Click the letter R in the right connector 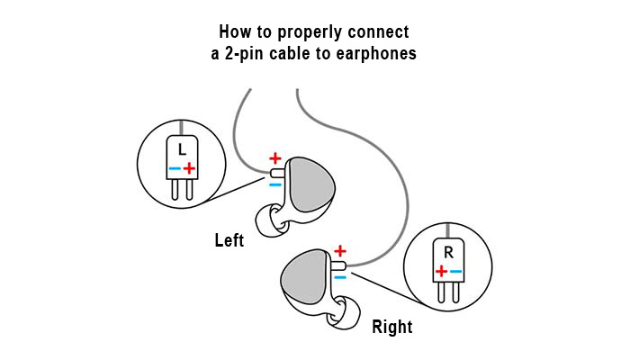(x=448, y=250)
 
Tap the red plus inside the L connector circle (x=190, y=167)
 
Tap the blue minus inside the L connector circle (x=175, y=168)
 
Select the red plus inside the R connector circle (x=440, y=270)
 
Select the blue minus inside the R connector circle (x=455, y=270)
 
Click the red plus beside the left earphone (x=275, y=158)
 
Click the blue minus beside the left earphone (x=275, y=184)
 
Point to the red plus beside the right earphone (x=340, y=250)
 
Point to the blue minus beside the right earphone (x=340, y=276)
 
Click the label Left (x=229, y=241)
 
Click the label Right (x=393, y=327)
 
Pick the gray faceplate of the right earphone (x=305, y=275)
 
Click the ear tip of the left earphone (x=267, y=220)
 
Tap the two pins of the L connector (x=182, y=190)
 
